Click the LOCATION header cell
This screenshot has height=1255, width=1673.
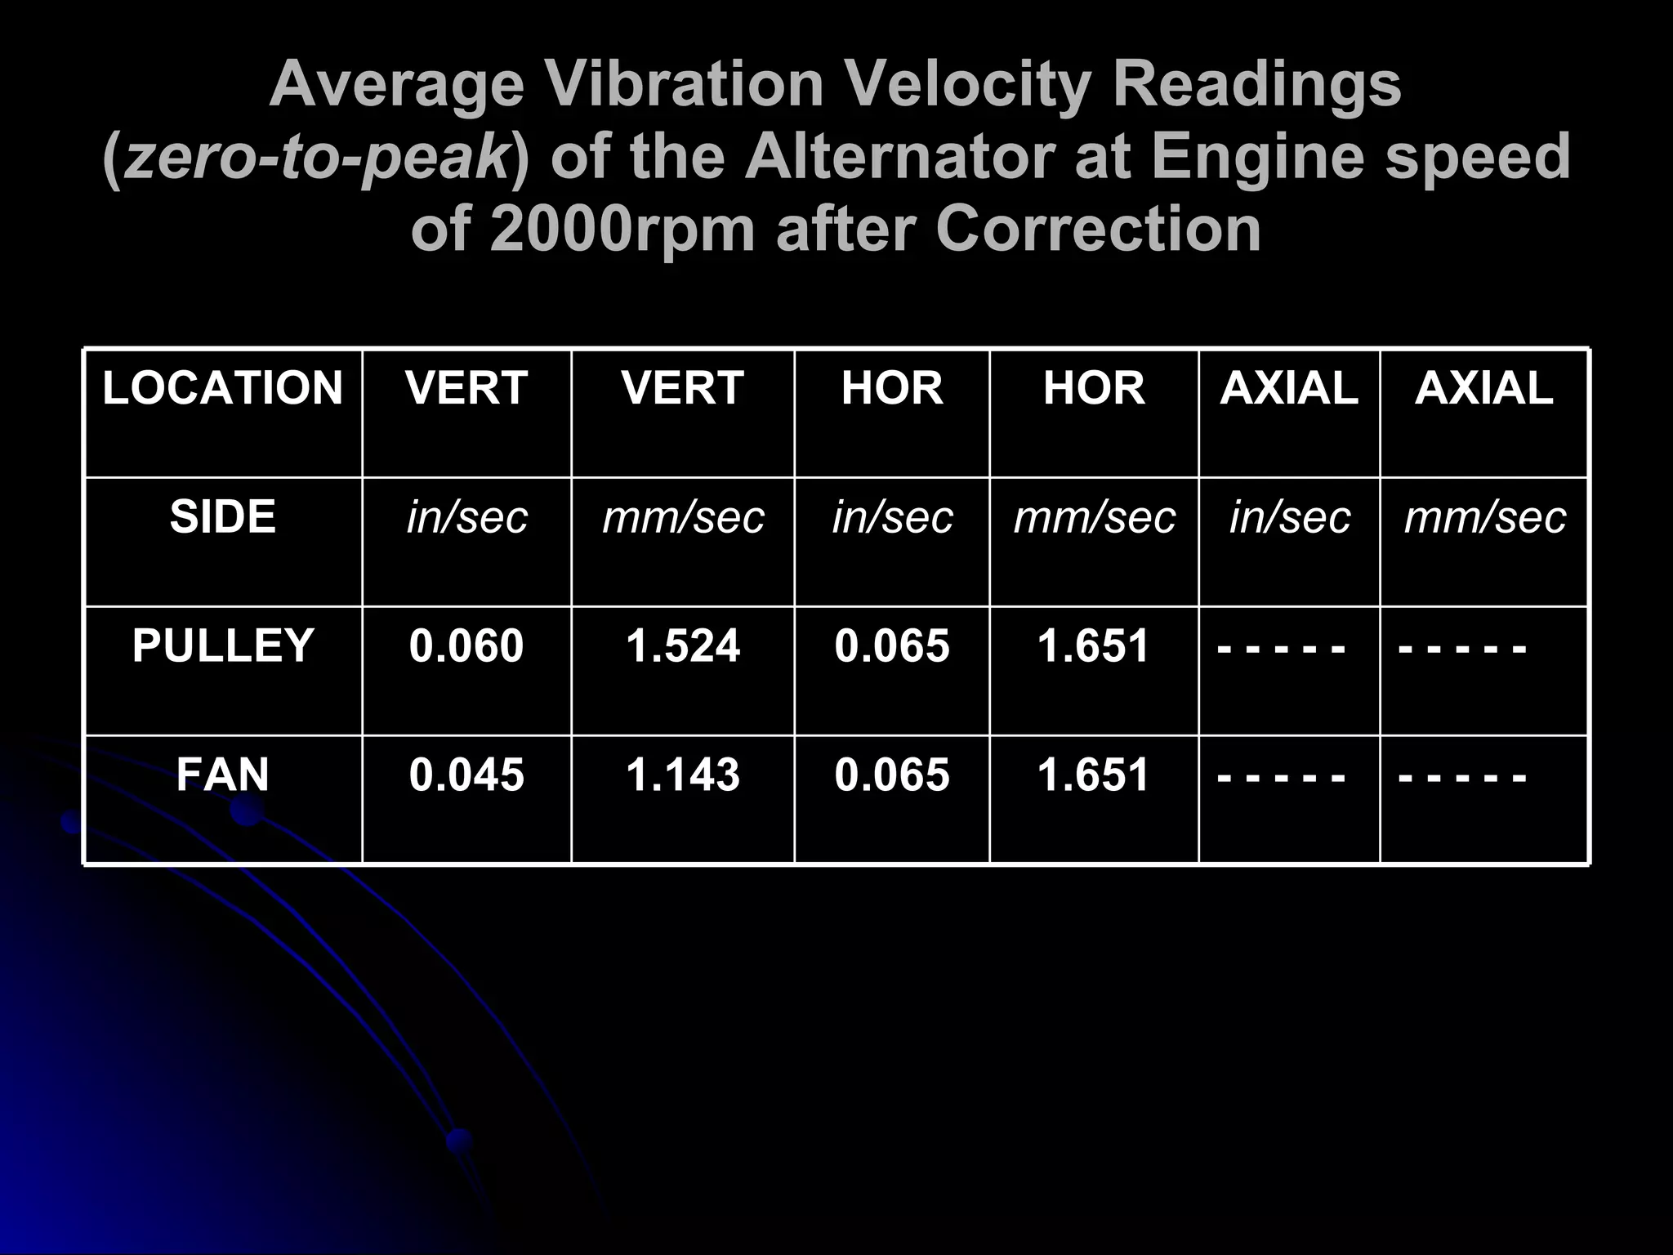[222, 388]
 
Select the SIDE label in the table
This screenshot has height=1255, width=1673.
[222, 517]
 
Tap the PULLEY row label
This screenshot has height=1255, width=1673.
[222, 645]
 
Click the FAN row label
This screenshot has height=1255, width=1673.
[222, 775]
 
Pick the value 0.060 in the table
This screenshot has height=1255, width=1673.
[466, 645]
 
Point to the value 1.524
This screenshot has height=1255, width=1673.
[683, 645]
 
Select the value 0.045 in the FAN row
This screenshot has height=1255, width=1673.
[466, 775]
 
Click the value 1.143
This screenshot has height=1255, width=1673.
[683, 775]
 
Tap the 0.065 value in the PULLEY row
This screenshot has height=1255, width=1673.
[892, 645]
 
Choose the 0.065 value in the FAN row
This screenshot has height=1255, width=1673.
[892, 775]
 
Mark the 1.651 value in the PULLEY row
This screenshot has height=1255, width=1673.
[1094, 645]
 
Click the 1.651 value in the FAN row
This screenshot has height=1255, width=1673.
[1094, 775]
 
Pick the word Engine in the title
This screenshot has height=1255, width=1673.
[1259, 157]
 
